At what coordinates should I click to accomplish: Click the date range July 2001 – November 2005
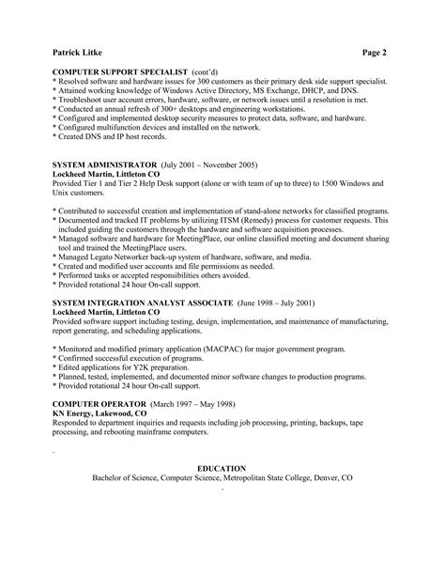pos(216,163)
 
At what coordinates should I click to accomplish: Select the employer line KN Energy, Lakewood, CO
pos(100,413)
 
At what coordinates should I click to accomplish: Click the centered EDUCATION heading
pos(222,468)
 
